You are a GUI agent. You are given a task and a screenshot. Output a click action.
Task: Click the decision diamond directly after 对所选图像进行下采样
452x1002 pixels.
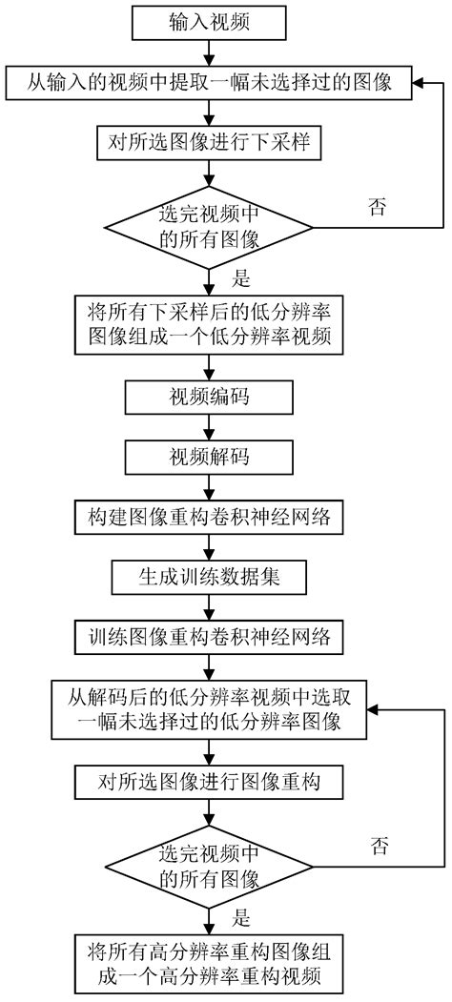point(209,226)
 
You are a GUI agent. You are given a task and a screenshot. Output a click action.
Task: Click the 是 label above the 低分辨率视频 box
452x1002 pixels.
point(241,279)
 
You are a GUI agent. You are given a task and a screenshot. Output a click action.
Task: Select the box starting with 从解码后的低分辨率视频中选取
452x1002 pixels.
point(209,708)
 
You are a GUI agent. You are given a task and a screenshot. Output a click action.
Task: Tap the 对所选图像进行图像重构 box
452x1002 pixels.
point(209,783)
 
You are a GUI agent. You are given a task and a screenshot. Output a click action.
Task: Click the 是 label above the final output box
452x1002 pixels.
point(241,920)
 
